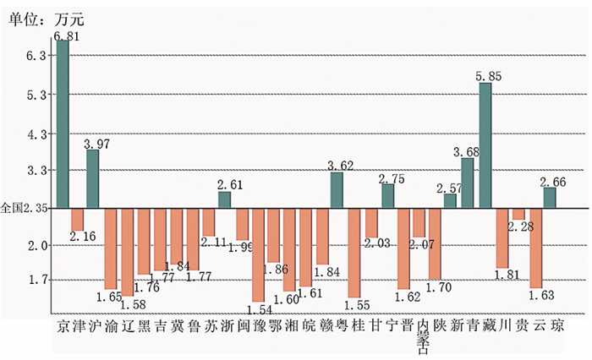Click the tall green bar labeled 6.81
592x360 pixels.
[62, 123]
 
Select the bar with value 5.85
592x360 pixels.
[485, 145]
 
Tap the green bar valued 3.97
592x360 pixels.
[93, 178]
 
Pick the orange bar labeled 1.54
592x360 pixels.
[258, 254]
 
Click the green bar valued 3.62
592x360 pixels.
[337, 190]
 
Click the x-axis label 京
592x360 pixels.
[62, 326]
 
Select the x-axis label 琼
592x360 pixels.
[556, 326]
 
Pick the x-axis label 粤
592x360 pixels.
[341, 326]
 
